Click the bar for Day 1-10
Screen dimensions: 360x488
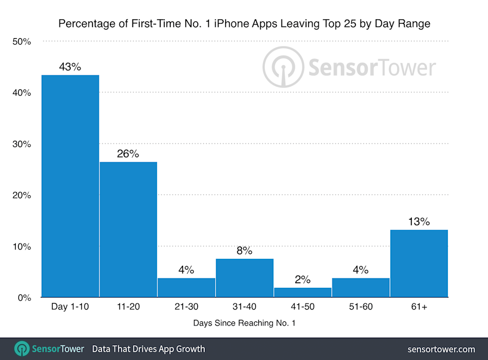[70, 186]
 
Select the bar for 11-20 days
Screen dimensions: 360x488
[128, 229]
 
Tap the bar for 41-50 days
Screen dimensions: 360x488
[302, 292]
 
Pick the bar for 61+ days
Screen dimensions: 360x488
[419, 263]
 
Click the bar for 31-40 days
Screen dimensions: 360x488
[245, 278]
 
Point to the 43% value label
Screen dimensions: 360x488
[70, 67]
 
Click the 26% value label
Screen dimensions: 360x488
[128, 154]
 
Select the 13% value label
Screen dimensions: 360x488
[418, 222]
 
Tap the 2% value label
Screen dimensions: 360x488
[302, 280]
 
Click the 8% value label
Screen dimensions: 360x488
[244, 250]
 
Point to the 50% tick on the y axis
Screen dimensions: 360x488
[21, 42]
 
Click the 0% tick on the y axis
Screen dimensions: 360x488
[24, 298]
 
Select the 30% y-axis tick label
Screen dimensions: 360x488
[21, 144]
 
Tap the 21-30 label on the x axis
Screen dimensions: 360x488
[186, 307]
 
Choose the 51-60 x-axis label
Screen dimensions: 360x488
[360, 307]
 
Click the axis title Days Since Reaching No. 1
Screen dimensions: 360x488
[244, 323]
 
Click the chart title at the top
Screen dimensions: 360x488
[244, 23]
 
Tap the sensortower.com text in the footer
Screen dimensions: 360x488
[441, 349]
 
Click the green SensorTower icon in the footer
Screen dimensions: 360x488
[22, 349]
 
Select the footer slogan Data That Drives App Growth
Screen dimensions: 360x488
[148, 349]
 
